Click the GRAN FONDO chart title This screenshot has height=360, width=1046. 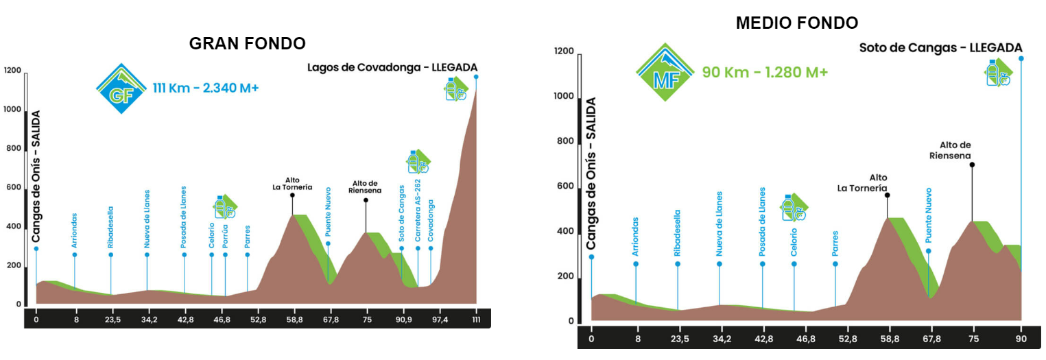tap(247, 43)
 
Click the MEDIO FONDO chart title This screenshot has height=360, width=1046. tap(796, 23)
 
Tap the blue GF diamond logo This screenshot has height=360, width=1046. tap(121, 88)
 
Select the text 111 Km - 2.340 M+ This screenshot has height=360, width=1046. tap(205, 88)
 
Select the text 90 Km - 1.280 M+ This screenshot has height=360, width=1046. tap(765, 71)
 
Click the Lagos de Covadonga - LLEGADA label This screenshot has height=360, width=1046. tap(392, 67)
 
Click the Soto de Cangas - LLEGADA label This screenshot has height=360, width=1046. tap(940, 47)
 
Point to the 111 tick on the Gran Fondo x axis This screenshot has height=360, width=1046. tap(476, 319)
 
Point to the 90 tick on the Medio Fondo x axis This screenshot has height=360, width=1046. tap(1021, 337)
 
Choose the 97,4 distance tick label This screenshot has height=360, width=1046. tap(440, 319)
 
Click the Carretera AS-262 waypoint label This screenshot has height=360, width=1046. tap(417, 213)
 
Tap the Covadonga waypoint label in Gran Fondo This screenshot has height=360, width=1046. tap(431, 221)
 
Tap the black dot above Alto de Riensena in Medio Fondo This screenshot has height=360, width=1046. tap(972, 165)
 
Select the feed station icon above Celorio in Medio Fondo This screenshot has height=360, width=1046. tap(794, 206)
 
